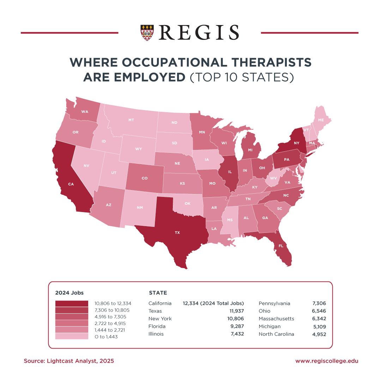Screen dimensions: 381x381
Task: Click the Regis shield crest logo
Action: pyautogui.click(x=147, y=32)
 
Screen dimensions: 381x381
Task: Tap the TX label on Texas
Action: pyautogui.click(x=177, y=233)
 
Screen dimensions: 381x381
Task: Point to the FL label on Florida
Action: pyautogui.click(x=281, y=246)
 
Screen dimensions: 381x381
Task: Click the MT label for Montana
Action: pyautogui.click(x=131, y=120)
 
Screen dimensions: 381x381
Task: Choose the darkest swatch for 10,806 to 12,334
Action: pyautogui.click(x=72, y=303)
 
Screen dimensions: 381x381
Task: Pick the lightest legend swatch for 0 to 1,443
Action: pyautogui.click(x=72, y=337)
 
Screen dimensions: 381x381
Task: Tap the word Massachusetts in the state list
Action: pyautogui.click(x=276, y=319)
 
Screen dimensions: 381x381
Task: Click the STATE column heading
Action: pyautogui.click(x=158, y=293)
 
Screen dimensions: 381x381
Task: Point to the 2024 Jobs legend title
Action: pyautogui.click(x=69, y=293)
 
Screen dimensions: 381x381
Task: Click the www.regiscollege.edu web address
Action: pyautogui.click(x=327, y=361)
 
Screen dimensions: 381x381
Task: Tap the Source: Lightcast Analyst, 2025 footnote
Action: pyautogui.click(x=69, y=361)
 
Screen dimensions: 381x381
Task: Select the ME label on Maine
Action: pyautogui.click(x=321, y=120)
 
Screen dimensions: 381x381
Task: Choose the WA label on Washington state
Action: pyautogui.click(x=85, y=112)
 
